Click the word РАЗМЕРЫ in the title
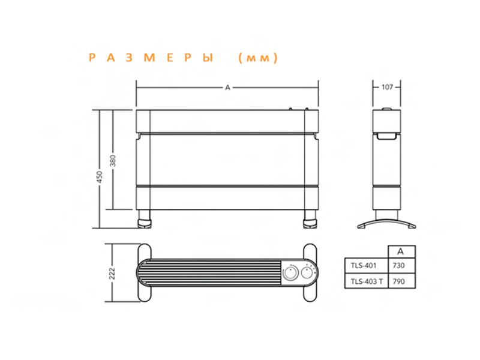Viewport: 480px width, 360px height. tap(151, 58)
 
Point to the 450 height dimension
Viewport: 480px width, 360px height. tap(100, 177)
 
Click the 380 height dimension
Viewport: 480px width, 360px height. tap(113, 161)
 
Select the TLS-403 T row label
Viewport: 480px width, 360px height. tap(365, 281)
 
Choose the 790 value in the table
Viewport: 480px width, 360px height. tap(398, 281)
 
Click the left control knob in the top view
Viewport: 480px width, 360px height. tap(291, 274)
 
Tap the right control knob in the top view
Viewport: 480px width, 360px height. tap(309, 274)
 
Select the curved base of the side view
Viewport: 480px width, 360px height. tap(387, 224)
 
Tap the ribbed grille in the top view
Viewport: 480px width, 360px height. tap(210, 274)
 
